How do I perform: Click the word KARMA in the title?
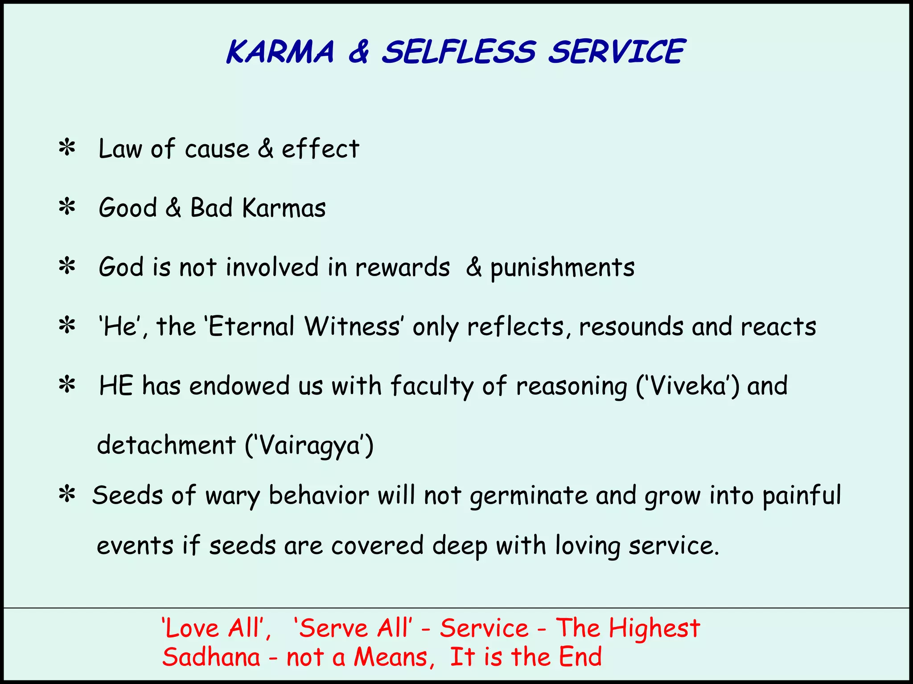pyautogui.click(x=280, y=52)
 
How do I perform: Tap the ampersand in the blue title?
pyautogui.click(x=358, y=52)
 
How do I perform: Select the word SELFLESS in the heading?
pyautogui.click(x=459, y=52)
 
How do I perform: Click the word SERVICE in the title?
pyautogui.click(x=616, y=52)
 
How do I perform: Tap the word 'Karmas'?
pyautogui.click(x=284, y=208)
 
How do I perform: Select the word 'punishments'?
pyautogui.click(x=563, y=268)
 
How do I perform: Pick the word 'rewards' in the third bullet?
pyautogui.click(x=402, y=267)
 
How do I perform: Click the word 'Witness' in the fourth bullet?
pyautogui.click(x=352, y=326)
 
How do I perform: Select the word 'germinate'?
pyautogui.click(x=529, y=496)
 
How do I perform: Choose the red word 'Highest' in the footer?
pyautogui.click(x=654, y=628)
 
